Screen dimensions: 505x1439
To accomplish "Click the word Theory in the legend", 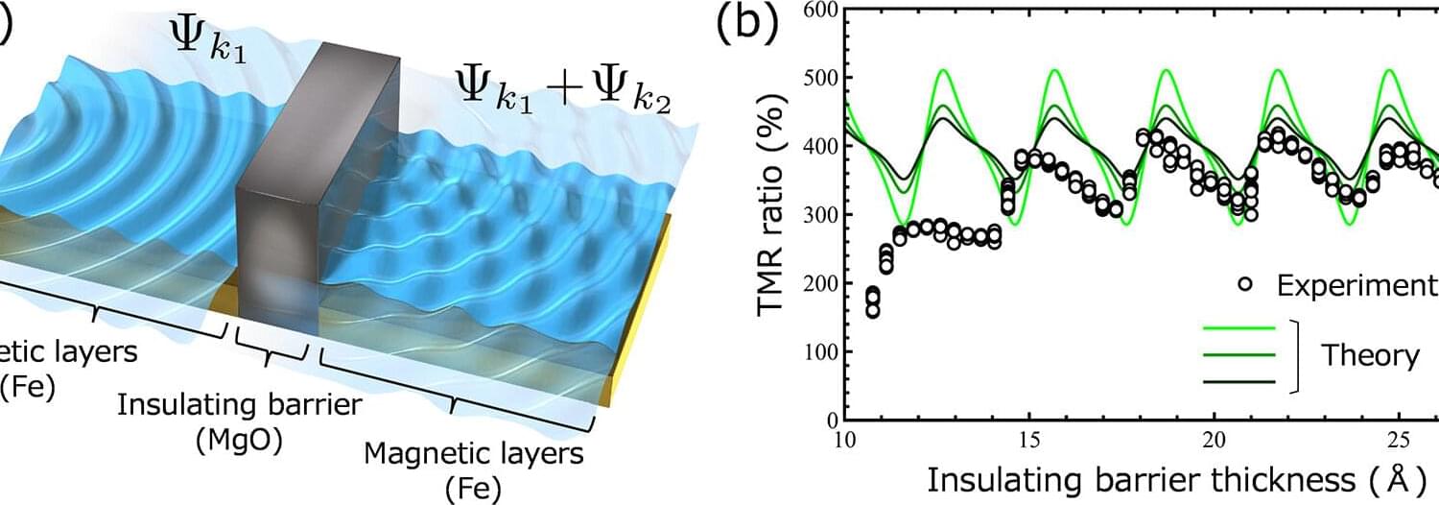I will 1370,356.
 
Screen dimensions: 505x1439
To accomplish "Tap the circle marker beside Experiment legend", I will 1245,284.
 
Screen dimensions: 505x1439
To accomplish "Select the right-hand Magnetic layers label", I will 474,452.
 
